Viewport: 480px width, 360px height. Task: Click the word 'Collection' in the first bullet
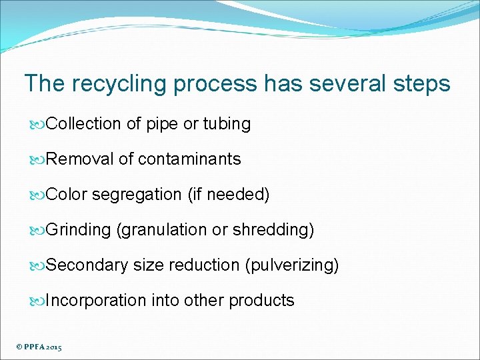(x=84, y=124)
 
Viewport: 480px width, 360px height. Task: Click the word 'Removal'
(x=80, y=159)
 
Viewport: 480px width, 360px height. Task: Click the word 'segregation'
(x=137, y=195)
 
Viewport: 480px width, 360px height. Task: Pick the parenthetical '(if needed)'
(x=229, y=195)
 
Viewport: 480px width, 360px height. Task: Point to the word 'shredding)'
(x=273, y=230)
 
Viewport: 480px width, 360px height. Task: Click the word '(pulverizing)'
(x=292, y=265)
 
